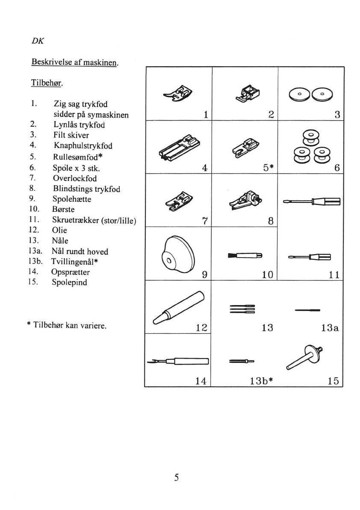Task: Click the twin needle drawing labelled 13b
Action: click(242, 362)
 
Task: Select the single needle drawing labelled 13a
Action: click(307, 310)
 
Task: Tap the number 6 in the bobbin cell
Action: click(337, 168)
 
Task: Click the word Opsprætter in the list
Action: click(71, 272)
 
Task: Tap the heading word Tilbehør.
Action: click(47, 82)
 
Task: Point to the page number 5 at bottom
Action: click(176, 477)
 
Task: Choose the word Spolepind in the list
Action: click(70, 282)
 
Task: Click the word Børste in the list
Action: click(64, 210)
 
